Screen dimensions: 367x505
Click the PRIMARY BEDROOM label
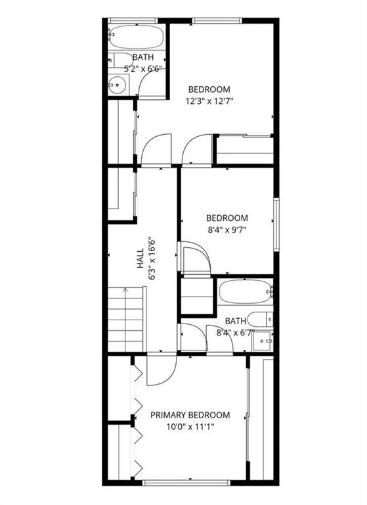point(190,415)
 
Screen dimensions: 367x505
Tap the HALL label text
point(140,258)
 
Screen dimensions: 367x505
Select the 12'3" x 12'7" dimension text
point(209,101)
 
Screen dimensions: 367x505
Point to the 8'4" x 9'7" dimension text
point(227,230)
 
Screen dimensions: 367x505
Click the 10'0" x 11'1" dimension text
point(190,427)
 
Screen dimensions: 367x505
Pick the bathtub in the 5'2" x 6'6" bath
point(136,37)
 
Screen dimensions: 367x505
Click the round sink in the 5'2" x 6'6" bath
point(116,85)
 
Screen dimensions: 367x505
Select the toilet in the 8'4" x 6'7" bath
point(261,320)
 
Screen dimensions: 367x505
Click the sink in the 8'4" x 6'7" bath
point(263,341)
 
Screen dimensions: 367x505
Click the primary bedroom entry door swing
point(162,370)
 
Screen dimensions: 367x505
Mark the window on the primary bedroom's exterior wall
point(186,483)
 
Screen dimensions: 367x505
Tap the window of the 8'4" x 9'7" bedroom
point(276,224)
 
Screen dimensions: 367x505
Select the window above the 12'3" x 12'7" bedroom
point(217,21)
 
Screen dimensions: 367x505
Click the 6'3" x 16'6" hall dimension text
point(152,258)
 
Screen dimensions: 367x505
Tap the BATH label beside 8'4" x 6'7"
point(236,321)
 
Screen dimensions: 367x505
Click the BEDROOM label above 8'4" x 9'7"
point(227,218)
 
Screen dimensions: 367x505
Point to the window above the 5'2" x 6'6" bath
point(133,21)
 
